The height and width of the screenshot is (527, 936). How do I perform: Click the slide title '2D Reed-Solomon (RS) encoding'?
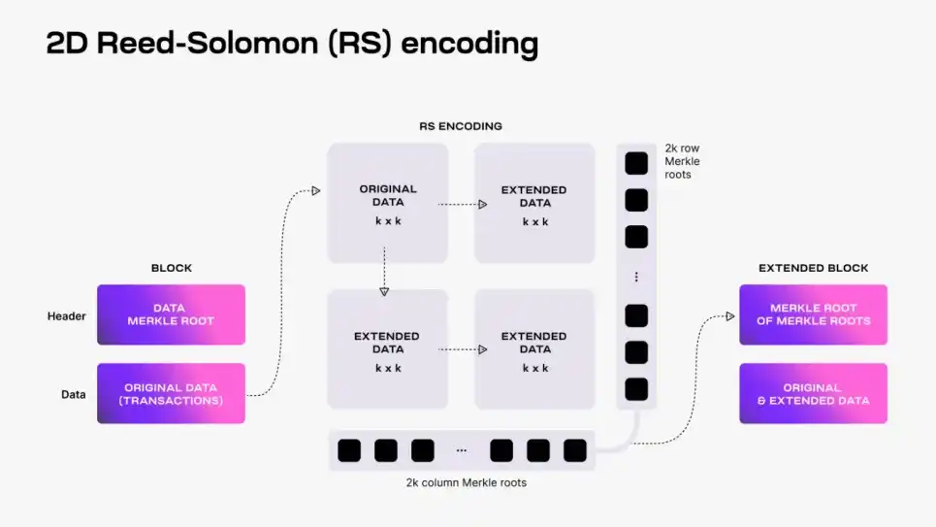[292, 45]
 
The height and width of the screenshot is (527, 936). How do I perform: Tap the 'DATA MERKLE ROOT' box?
[171, 314]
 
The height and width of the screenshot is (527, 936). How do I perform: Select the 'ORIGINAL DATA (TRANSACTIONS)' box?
[171, 394]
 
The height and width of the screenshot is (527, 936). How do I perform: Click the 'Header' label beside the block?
[66, 315]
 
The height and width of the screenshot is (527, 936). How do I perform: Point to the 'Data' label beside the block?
[74, 395]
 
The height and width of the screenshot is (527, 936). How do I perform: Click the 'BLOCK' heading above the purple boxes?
[172, 268]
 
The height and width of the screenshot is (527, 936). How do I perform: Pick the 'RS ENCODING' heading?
[460, 126]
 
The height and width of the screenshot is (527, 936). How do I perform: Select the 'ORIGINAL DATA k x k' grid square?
[388, 204]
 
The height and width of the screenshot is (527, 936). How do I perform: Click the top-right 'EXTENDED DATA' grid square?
[534, 204]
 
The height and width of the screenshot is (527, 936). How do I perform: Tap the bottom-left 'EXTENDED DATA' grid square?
[388, 349]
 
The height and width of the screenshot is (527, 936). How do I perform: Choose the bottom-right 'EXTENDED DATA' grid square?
[534, 349]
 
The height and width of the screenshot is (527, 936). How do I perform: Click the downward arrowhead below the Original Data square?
[384, 290]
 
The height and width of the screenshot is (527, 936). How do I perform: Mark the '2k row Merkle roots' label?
[682, 161]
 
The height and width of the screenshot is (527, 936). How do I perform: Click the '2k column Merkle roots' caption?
[467, 482]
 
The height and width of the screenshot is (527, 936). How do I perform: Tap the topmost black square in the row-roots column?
[636, 163]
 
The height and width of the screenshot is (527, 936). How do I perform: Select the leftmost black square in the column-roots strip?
[349, 450]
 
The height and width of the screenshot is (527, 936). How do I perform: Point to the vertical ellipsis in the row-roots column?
[636, 277]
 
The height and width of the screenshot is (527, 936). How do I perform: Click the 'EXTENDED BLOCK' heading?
[813, 268]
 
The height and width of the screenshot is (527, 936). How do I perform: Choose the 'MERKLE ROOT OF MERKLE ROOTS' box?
[813, 314]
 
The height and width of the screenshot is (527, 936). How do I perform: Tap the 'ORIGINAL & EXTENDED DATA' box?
[813, 394]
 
